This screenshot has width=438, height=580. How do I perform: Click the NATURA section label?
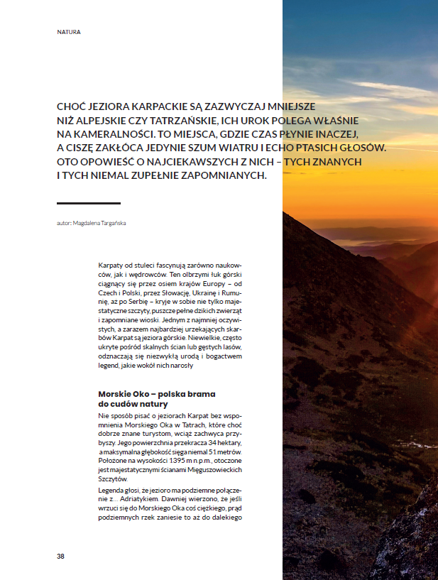(69, 32)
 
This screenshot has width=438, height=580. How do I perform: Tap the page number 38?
(61, 555)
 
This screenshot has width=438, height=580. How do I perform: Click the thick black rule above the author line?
(89, 204)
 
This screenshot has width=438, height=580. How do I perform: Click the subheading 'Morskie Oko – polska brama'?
(156, 393)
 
